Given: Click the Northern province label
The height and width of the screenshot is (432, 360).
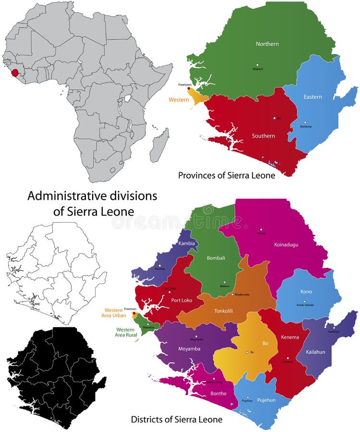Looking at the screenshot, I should (x=267, y=44).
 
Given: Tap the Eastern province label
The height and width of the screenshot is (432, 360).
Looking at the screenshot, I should (x=312, y=97).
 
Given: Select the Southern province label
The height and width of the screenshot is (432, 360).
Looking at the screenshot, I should (x=264, y=136).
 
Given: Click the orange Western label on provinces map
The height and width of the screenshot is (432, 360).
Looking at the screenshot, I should (x=178, y=100).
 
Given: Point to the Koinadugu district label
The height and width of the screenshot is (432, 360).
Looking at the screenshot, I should (x=286, y=244).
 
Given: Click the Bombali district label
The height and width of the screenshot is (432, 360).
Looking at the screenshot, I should (x=216, y=258).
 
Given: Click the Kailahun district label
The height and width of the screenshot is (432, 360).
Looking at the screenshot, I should (x=315, y=352).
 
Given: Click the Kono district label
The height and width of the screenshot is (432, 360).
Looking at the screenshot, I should (x=306, y=292).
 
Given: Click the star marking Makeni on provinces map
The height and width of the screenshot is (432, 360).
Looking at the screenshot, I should (x=257, y=64).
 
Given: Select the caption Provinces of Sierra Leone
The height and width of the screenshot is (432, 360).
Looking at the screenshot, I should (x=227, y=176).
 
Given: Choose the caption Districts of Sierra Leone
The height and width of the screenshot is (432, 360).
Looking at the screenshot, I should (x=177, y=420).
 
